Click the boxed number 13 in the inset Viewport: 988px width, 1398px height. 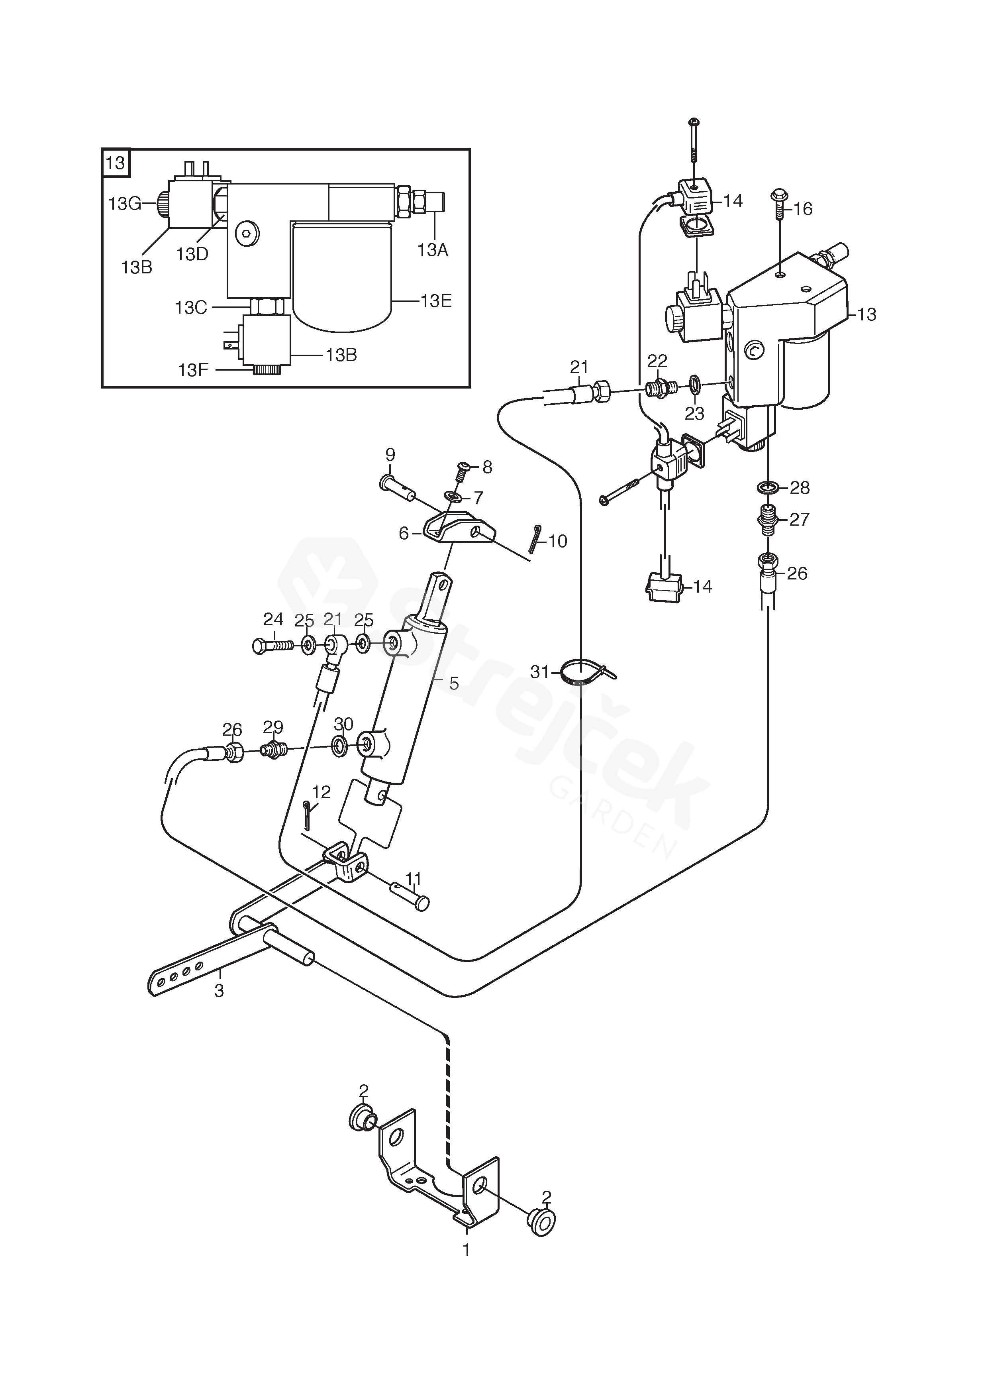pyautogui.click(x=115, y=163)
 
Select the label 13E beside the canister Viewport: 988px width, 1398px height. pyautogui.click(x=436, y=301)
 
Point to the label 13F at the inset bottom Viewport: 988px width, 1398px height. pyautogui.click(x=194, y=369)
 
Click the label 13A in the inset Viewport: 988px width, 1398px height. pyautogui.click(x=433, y=249)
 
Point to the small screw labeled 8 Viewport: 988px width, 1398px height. pyautogui.click(x=462, y=471)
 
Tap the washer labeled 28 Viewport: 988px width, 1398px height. pyautogui.click(x=768, y=487)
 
